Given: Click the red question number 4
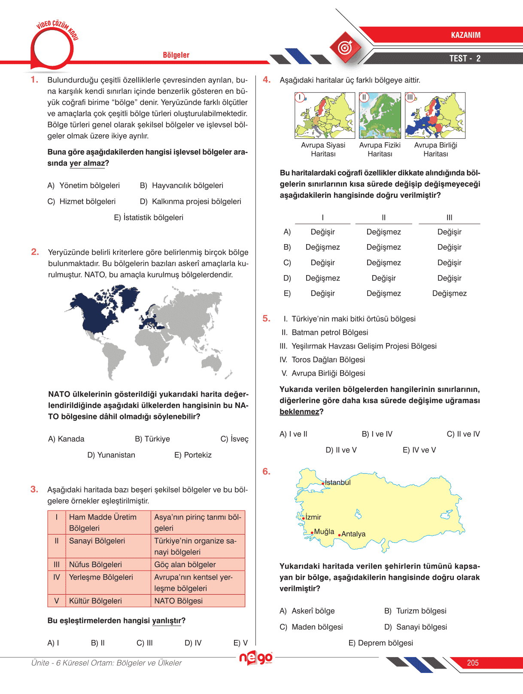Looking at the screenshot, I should point(267,79).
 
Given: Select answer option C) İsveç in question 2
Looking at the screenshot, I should point(234,439).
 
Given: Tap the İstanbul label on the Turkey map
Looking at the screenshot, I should point(338,482).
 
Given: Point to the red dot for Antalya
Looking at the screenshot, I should point(339,535).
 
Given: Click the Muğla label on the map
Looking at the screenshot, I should point(324,532).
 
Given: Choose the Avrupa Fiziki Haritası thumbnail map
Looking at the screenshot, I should point(380,116).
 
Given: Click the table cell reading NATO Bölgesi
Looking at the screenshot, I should point(178,601).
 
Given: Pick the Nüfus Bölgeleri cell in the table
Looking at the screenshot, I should point(95,565).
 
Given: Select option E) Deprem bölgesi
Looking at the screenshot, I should point(380,643).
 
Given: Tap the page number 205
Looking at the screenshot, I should point(473,663).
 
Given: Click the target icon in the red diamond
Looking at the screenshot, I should point(345,47).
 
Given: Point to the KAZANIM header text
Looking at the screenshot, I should point(465,35).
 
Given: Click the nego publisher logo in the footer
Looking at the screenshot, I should point(256,658).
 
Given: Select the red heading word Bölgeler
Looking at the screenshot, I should point(176,55).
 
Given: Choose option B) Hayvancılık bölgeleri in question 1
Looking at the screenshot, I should point(182,186).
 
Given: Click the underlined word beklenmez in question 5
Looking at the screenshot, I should point(299,412).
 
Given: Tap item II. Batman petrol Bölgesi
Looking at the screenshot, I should point(325,333).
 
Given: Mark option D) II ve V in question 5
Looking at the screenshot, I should point(341,450).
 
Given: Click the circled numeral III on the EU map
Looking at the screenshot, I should point(410,97).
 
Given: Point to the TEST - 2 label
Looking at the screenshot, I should point(465,58).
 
